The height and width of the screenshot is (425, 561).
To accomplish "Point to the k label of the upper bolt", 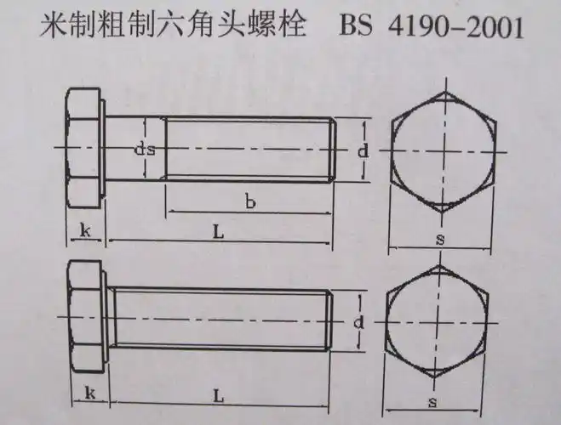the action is click(x=85, y=230).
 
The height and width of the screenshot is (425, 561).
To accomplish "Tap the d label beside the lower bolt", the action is click(x=360, y=323).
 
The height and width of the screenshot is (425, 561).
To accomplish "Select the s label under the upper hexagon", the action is click(x=439, y=241).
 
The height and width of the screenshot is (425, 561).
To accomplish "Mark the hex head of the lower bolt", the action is click(x=85, y=319).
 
